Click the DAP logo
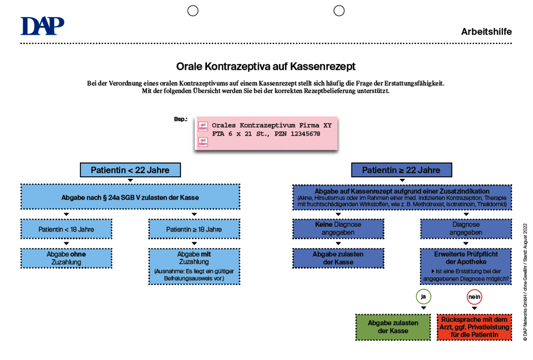pos(42,26)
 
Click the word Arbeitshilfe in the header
pos(486,31)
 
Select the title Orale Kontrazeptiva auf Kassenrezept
pos(266,66)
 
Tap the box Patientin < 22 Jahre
pos(130,170)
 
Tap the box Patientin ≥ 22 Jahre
pos(402,170)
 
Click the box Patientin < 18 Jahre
pos(66,230)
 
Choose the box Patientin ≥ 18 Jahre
pos(194,230)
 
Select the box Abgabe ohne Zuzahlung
pos(66,258)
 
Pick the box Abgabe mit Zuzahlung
pos(194,266)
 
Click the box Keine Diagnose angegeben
pos(338,229)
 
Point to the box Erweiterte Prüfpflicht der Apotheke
pos(466,266)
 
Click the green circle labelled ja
pos(423,297)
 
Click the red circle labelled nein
pos(474,297)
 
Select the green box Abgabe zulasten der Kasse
pos(393,327)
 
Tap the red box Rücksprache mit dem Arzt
pos(474,327)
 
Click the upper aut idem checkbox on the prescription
pos(203,126)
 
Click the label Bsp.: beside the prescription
pos(181,119)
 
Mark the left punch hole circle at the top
pos(193,11)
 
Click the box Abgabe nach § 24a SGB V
pos(130,197)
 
